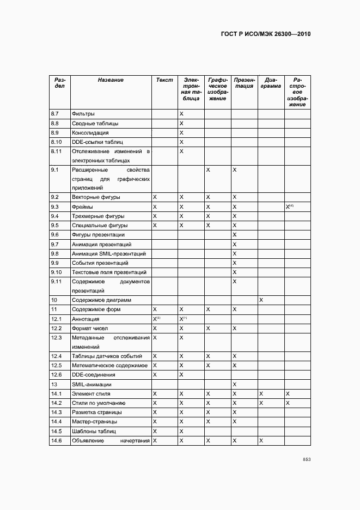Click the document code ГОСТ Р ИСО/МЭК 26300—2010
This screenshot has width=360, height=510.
point(266,34)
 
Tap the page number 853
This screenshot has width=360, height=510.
point(307,459)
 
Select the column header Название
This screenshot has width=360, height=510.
point(111,80)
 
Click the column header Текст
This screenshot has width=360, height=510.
point(164,80)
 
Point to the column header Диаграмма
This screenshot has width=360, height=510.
point(271,83)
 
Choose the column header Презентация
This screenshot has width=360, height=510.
point(244,83)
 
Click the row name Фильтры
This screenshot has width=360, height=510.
point(83,114)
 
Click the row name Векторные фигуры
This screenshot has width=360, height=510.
point(96,197)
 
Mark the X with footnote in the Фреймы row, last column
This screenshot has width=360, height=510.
point(289,207)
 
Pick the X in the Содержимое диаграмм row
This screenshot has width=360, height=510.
point(261,300)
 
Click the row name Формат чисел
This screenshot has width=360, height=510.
point(90,329)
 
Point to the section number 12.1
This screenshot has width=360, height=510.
point(56,319)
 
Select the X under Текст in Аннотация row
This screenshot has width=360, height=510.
point(156,319)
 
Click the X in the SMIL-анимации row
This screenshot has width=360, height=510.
point(234,384)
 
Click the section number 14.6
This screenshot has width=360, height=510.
point(56,440)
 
